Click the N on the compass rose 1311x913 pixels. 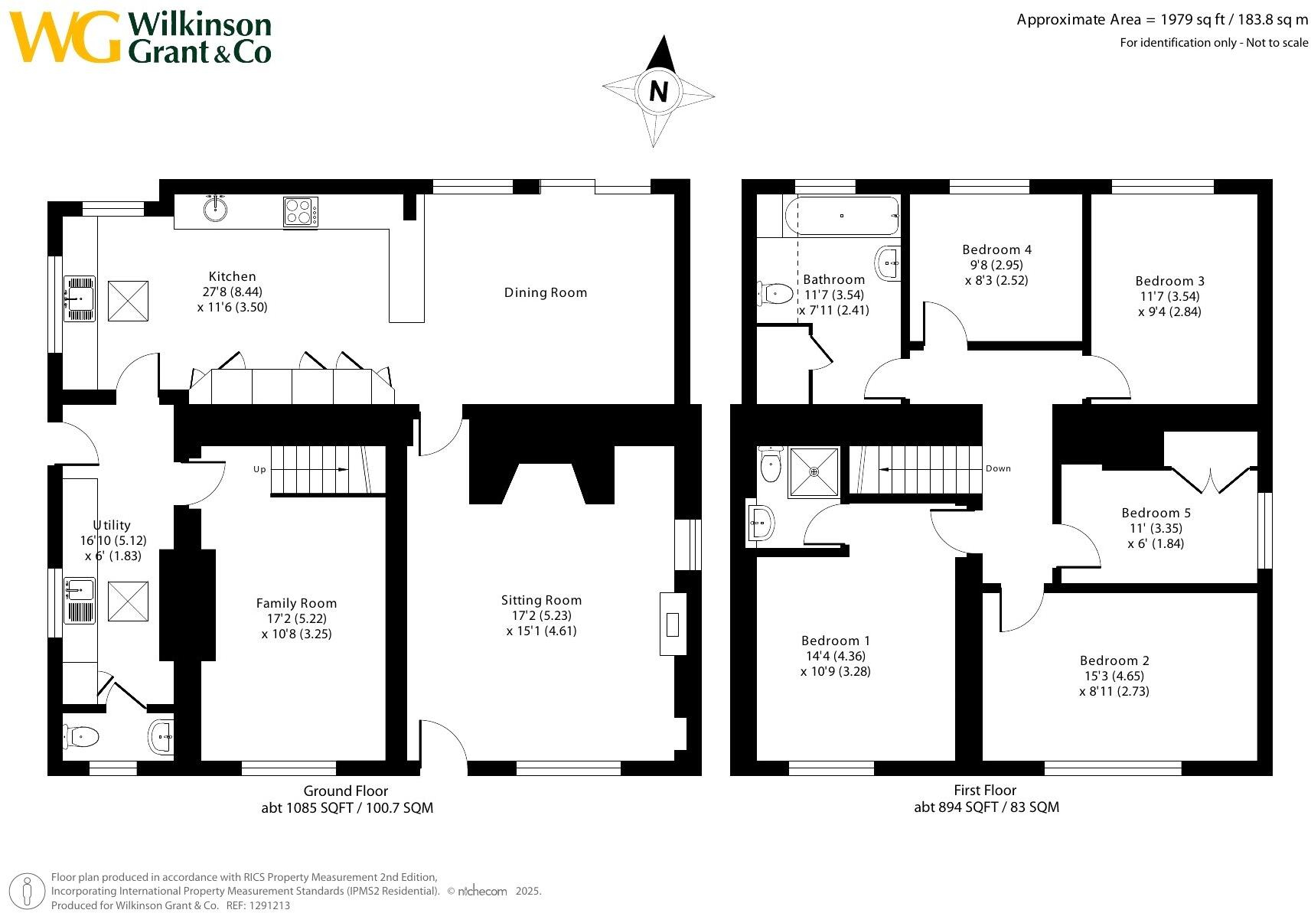click(658, 92)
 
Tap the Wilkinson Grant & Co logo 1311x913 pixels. click(142, 37)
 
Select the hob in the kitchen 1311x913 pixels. click(300, 211)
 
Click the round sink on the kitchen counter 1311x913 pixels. click(216, 207)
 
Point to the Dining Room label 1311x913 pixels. click(545, 292)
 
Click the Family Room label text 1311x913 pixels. click(296, 603)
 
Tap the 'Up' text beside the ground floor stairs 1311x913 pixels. click(259, 469)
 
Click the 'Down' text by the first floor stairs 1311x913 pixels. click(998, 468)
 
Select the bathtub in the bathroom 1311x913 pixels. click(842, 216)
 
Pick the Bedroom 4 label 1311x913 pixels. click(996, 249)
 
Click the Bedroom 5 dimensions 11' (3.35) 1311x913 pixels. click(1156, 528)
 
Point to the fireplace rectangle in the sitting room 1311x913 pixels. click(673, 624)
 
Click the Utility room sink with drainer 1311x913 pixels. click(80, 600)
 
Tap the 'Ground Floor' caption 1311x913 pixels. click(346, 791)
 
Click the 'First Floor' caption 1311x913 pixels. click(985, 790)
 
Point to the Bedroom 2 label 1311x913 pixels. click(1114, 660)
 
